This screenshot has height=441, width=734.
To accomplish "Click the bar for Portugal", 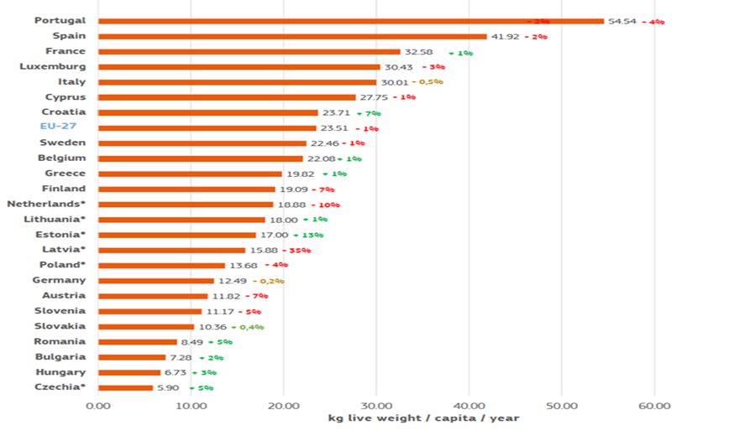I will [350, 21].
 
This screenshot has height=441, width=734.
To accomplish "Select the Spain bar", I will [292, 36].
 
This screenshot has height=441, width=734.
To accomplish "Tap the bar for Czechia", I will [125, 387].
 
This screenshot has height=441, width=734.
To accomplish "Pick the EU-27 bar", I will [207, 128].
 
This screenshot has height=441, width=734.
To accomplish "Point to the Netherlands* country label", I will [46, 204].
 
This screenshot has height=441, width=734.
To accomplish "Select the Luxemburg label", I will [53, 66].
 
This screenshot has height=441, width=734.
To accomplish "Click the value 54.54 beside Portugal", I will [621, 21].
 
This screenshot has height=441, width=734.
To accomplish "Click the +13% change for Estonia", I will [308, 235].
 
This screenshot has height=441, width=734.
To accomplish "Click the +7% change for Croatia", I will [369, 112].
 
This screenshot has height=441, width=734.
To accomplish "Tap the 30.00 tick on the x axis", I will [375, 406].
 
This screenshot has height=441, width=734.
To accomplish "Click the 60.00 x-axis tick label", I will [653, 406].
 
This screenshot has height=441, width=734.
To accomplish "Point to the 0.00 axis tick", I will [98, 406].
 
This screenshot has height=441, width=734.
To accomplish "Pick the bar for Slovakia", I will [146, 326].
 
